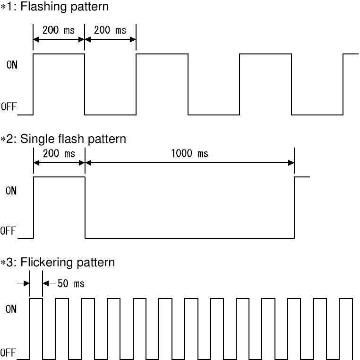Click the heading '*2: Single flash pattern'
(63, 139)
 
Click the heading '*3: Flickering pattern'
(58, 262)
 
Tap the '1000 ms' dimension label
(189, 154)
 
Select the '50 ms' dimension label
(71, 284)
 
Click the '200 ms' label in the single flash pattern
(59, 154)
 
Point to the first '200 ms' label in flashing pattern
(59, 31)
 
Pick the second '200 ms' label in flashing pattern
(110, 31)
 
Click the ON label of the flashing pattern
(12, 65)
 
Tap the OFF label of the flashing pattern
(9, 107)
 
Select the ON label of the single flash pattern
(11, 191)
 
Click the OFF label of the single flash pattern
(8, 231)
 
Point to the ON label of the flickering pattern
(11, 309)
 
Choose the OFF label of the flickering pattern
(8, 352)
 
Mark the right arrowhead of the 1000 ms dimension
(291, 163)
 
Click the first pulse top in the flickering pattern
(36, 299)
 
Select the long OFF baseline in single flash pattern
(189, 238)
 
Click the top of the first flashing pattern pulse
(59, 54)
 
